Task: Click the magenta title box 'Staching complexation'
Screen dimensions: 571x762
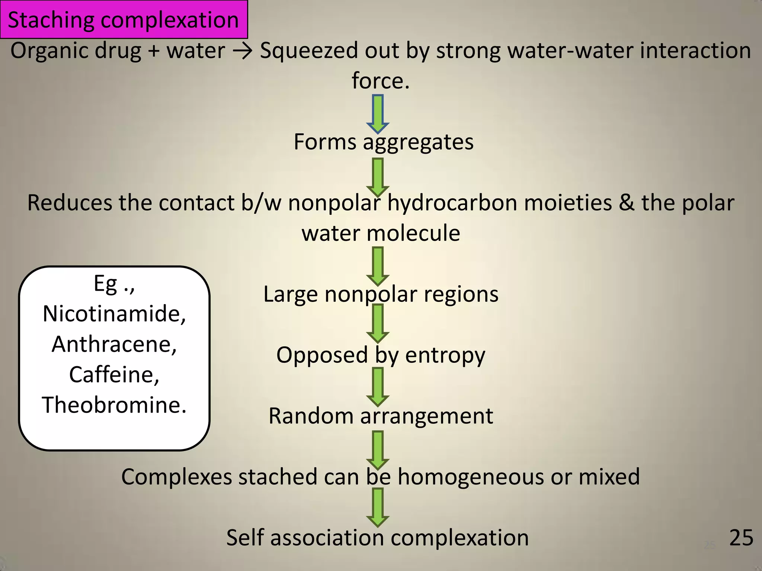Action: pos(124,20)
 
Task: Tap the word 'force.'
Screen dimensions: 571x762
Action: pos(381,81)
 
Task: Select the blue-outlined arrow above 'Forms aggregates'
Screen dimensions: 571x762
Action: pos(378,114)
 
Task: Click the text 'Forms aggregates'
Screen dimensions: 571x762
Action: pos(384,142)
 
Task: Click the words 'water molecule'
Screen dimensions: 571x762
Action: pos(381,233)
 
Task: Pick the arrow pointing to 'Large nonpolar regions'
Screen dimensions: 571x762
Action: pos(378,266)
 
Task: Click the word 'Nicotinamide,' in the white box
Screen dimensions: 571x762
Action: pos(114,314)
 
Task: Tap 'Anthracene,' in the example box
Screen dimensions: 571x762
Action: pos(114,344)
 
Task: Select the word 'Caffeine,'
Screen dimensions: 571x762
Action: pos(114,374)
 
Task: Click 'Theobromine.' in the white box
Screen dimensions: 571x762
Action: pos(114,405)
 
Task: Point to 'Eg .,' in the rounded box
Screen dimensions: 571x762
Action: pos(114,284)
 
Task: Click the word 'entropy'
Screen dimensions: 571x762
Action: pos(445,355)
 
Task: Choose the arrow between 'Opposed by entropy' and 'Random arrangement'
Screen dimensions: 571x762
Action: pos(378,387)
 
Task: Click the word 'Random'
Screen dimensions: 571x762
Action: pos(310,416)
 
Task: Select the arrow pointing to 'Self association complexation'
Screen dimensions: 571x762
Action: pos(378,507)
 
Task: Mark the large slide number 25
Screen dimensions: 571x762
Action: pos(741,538)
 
